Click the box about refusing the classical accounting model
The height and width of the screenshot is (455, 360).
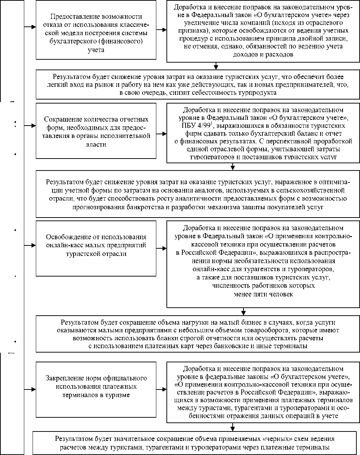96,33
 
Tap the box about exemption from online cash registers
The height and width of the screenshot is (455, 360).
96,245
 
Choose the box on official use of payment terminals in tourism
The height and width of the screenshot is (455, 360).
96,386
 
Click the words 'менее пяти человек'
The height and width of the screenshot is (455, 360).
263,294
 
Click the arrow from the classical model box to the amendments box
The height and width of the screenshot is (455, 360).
161,29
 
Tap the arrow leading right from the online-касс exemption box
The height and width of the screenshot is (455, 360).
161,248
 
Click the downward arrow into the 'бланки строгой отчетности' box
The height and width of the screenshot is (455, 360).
243,311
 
